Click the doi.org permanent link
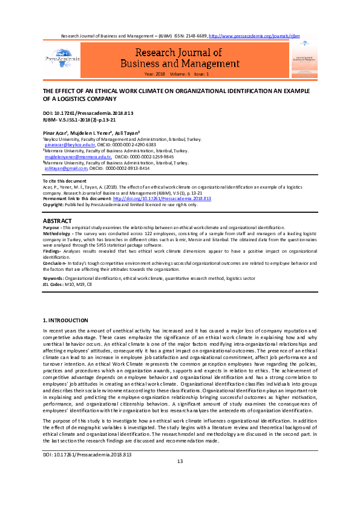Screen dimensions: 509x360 (162, 198)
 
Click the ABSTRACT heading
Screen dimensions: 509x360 (57, 221)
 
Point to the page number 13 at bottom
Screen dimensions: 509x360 (180, 479)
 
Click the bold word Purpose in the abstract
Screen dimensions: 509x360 (51, 227)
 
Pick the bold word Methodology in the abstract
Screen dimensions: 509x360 (57, 232)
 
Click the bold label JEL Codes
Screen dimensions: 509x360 (54, 267)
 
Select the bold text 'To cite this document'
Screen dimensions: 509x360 (64, 181)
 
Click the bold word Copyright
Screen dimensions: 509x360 (54, 204)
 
